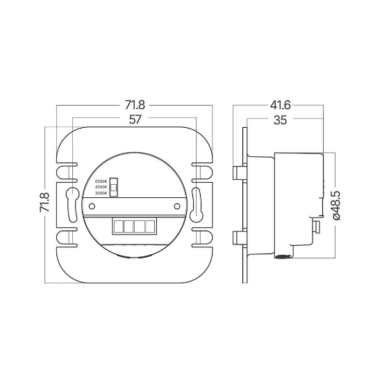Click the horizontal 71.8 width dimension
click(x=135, y=106)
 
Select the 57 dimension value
click(x=135, y=119)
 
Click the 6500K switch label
click(x=101, y=181)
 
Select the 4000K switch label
click(x=101, y=188)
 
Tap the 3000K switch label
click(x=101, y=194)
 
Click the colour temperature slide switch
click(x=116, y=187)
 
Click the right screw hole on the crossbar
click(x=178, y=206)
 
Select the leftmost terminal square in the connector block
click(x=117, y=226)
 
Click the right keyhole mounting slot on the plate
click(x=196, y=201)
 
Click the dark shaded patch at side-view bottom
click(x=283, y=258)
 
